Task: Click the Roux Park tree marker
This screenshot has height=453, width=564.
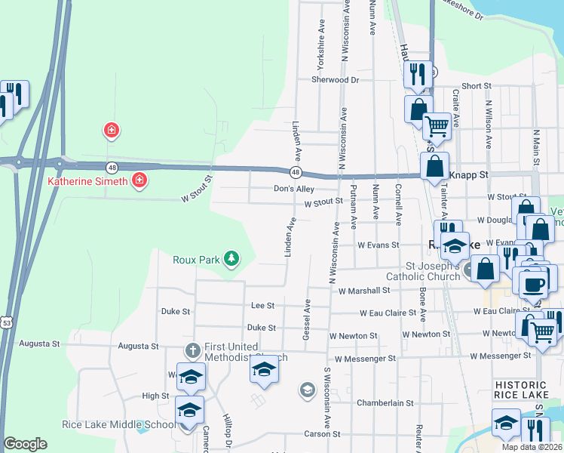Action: click(231, 259)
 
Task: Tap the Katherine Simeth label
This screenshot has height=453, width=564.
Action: click(88, 180)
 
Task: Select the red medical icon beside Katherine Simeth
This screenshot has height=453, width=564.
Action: click(139, 180)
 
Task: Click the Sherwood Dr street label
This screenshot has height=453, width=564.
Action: click(335, 79)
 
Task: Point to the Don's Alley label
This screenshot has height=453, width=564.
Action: click(293, 189)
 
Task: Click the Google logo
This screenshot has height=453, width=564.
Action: click(25, 444)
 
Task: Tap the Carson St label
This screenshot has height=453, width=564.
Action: click(323, 434)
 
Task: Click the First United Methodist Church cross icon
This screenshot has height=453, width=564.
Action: click(192, 350)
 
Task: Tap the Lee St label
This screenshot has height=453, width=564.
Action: click(262, 305)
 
